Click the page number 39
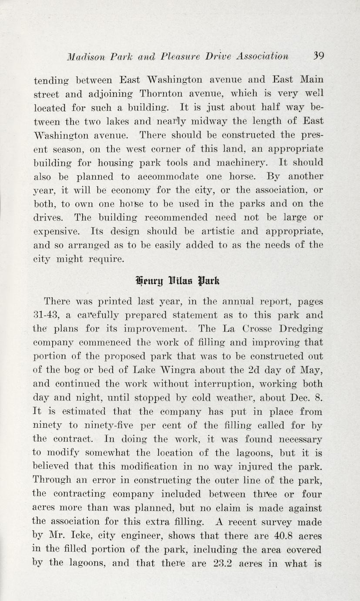pyautogui.click(x=318, y=56)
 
